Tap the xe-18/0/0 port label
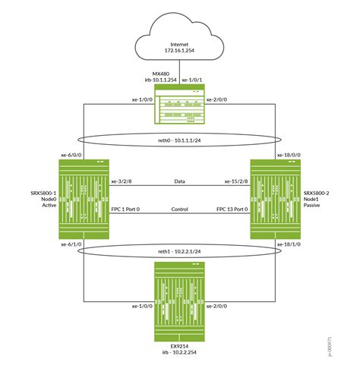tap(289, 154)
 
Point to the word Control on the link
tap(180, 209)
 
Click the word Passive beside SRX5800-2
tap(312, 206)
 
